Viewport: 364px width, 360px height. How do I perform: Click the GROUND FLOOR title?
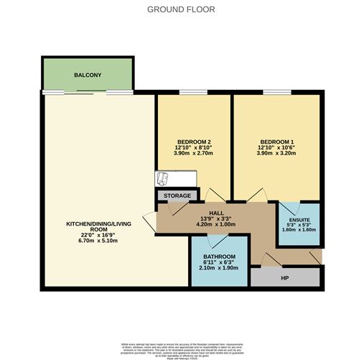click(181, 9)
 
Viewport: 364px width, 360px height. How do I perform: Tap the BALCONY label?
click(88, 75)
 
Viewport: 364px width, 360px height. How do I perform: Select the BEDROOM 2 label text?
click(193, 141)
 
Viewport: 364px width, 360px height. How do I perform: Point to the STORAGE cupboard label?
click(177, 195)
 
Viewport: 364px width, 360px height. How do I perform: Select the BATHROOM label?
click(218, 257)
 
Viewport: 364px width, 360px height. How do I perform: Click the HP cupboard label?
click(285, 277)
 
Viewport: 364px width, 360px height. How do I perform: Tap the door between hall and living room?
click(149, 221)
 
